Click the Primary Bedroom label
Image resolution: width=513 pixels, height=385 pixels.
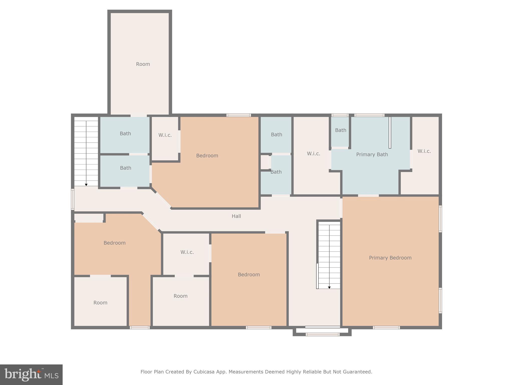click(x=390, y=258)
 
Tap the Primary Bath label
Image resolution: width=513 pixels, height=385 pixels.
click(x=372, y=154)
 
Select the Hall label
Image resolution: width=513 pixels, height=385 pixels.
click(x=236, y=216)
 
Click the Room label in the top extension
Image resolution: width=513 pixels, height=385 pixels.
click(x=143, y=64)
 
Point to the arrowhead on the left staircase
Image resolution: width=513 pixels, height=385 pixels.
click(x=86, y=185)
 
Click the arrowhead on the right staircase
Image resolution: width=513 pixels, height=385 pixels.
click(x=329, y=287)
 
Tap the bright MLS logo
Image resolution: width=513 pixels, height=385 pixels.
click(x=31, y=374)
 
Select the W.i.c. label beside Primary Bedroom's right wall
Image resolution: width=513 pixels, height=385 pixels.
click(x=424, y=151)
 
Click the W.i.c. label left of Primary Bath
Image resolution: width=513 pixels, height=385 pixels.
click(x=313, y=154)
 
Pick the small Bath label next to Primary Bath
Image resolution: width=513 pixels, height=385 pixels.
click(x=340, y=130)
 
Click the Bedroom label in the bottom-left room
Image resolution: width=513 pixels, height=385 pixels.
click(x=114, y=243)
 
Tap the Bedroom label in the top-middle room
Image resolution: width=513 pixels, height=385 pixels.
click(x=207, y=156)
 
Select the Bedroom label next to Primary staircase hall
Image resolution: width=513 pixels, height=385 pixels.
click(x=248, y=274)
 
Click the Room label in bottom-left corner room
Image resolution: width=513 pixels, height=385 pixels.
click(x=100, y=303)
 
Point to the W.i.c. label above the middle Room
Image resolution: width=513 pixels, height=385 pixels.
click(x=187, y=252)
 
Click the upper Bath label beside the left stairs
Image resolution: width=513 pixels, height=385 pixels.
click(x=125, y=134)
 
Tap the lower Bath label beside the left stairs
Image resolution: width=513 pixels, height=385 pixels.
click(x=125, y=168)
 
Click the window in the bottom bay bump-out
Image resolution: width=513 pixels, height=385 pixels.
click(x=322, y=334)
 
